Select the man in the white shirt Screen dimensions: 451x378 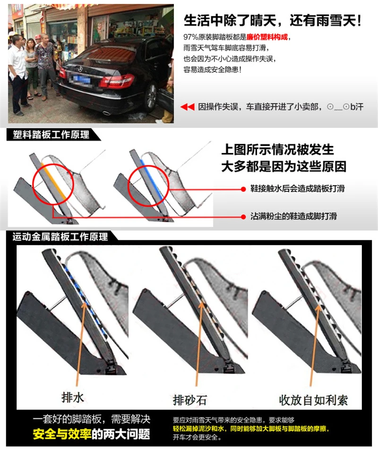(x=17, y=71)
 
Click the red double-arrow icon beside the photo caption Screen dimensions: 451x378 (x=188, y=107)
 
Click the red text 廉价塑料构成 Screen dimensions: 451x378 (x=267, y=37)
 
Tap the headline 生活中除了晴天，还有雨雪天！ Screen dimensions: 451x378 (x=273, y=20)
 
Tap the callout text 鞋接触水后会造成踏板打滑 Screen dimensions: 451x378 (x=297, y=188)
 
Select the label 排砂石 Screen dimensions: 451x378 (x=189, y=401)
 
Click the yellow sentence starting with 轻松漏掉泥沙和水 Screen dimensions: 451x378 (x=251, y=429)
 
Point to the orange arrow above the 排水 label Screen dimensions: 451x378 (x=80, y=340)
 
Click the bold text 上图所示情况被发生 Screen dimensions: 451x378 (x=278, y=150)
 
